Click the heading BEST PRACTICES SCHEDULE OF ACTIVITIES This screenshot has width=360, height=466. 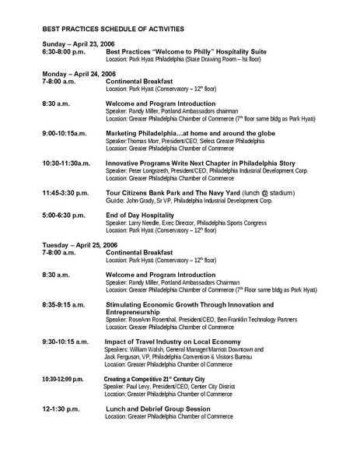[114, 29]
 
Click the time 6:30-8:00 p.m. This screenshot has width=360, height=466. [69, 51]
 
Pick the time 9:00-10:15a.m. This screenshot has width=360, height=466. [65, 133]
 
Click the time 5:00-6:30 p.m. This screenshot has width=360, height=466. [65, 215]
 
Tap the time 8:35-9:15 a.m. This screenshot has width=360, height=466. [66, 304]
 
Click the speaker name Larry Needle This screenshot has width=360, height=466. [148, 222]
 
